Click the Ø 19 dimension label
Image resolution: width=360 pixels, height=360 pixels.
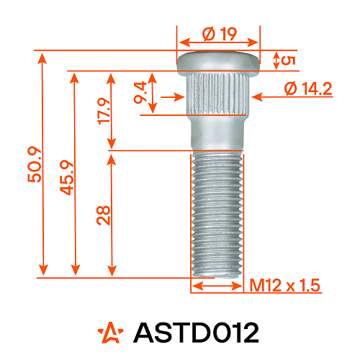click(x=219, y=34)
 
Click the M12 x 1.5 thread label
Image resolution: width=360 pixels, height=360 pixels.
click(x=284, y=286)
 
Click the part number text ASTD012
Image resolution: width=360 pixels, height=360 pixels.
click(x=196, y=332)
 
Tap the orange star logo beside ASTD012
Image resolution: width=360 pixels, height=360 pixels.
click(x=111, y=332)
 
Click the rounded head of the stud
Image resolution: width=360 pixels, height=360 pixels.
click(x=218, y=61)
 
